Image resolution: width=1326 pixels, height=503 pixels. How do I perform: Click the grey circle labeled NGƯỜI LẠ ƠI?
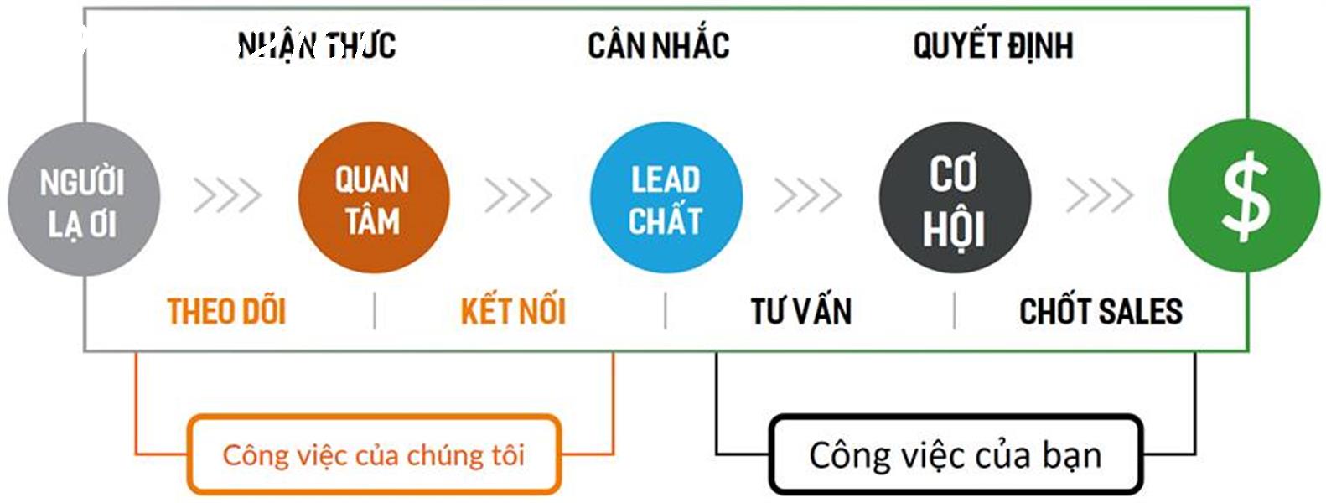[84, 199]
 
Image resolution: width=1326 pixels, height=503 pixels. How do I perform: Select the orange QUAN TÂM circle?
[374, 198]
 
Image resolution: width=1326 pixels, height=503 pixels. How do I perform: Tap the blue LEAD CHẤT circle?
[666, 198]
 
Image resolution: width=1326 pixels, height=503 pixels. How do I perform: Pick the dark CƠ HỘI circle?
[956, 198]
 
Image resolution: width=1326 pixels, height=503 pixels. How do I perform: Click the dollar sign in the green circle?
[1246, 196]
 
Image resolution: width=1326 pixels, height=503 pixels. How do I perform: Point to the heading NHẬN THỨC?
[317, 45]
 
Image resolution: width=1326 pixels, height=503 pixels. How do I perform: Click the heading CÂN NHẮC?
[658, 45]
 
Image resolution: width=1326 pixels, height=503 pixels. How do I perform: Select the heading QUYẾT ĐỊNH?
[993, 45]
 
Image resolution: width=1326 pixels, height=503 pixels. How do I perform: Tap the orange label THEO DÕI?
[226, 311]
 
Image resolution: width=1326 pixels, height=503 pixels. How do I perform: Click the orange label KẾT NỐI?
[513, 311]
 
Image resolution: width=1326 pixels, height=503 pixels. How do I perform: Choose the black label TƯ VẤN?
[801, 311]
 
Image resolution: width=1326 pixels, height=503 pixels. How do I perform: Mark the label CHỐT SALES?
[1101, 311]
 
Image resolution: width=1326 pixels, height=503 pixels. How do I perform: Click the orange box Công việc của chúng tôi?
[374, 454]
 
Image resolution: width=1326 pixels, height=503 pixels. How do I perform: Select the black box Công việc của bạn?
[956, 454]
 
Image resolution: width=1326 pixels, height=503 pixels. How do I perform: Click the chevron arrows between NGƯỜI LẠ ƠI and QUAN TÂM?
[227, 195]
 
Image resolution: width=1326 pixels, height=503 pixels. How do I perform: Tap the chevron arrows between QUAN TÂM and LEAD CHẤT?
[519, 195]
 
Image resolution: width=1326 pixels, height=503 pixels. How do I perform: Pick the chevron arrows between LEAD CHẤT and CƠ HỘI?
[808, 195]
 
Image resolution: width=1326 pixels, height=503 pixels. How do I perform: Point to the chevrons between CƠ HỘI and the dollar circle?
[1100, 195]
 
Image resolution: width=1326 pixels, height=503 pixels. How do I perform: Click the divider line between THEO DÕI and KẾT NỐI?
[375, 311]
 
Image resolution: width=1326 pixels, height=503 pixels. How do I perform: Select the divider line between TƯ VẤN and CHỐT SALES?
[954, 311]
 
